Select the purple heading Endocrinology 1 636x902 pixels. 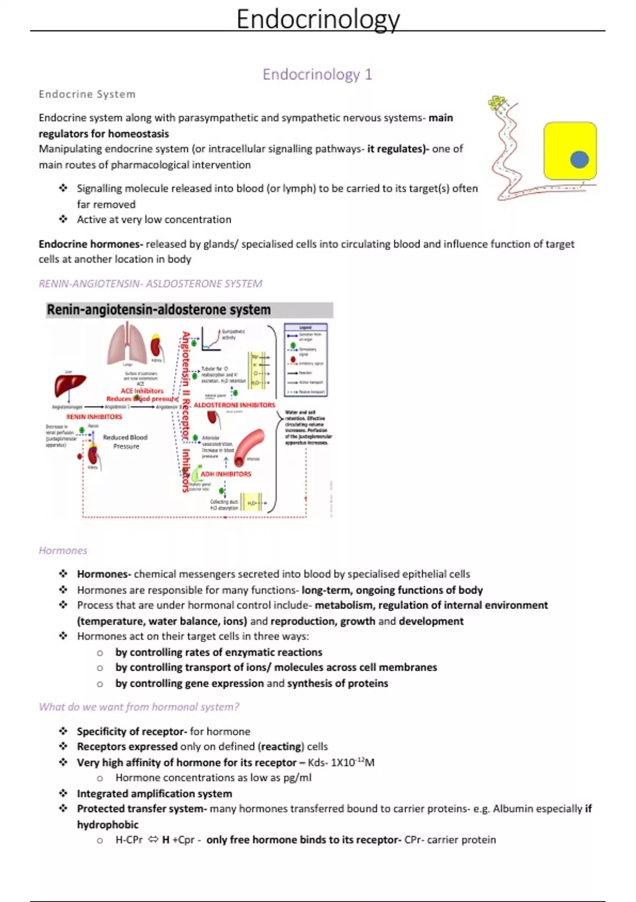(x=317, y=74)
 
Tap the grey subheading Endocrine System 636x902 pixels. (x=87, y=94)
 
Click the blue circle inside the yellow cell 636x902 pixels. (x=579, y=159)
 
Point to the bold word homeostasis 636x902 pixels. (x=137, y=134)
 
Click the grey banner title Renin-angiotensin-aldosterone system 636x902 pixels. (x=159, y=310)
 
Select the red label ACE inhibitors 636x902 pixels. (x=142, y=391)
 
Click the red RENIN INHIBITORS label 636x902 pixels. (x=94, y=417)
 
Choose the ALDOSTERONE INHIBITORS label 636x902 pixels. (x=234, y=405)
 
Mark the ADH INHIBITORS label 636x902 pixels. (x=226, y=474)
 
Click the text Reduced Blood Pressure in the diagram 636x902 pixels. (x=126, y=441)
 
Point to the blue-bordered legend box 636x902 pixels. (x=306, y=360)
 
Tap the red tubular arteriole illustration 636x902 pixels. (x=249, y=446)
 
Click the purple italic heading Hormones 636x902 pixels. (x=63, y=551)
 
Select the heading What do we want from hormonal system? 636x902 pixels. (x=139, y=707)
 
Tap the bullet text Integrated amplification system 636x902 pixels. (x=154, y=794)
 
